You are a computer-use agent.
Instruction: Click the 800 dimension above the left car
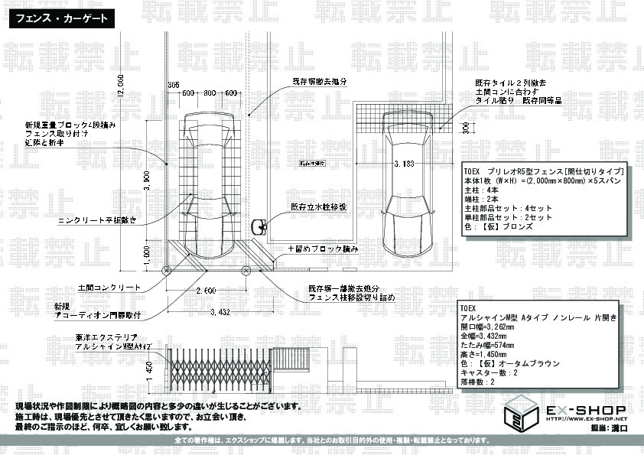pyautogui.click(x=209, y=93)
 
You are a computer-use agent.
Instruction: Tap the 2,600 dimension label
pyautogui.click(x=205, y=291)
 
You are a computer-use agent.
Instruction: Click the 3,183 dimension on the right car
pyautogui.click(x=405, y=164)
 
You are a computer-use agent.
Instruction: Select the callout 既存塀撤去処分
pyautogui.click(x=319, y=80)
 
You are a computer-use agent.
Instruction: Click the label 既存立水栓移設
pyautogui.click(x=318, y=206)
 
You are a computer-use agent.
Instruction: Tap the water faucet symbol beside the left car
pyautogui.click(x=259, y=226)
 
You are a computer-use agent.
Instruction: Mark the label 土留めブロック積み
pyautogui.click(x=323, y=249)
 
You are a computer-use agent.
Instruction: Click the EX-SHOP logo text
pyautogui.click(x=585, y=410)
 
